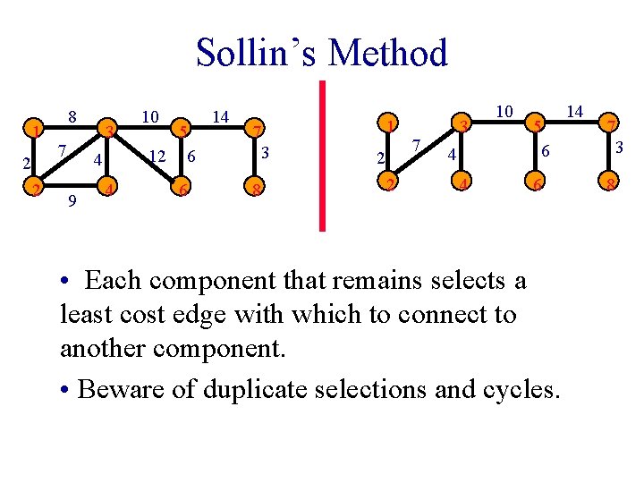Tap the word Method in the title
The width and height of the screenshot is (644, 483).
387,53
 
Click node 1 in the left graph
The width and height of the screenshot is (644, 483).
34,131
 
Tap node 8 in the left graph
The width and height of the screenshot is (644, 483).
256,189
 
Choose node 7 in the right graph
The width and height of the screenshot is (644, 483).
610,123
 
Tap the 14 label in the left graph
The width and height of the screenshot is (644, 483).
220,115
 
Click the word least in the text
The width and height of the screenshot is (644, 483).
83,314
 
